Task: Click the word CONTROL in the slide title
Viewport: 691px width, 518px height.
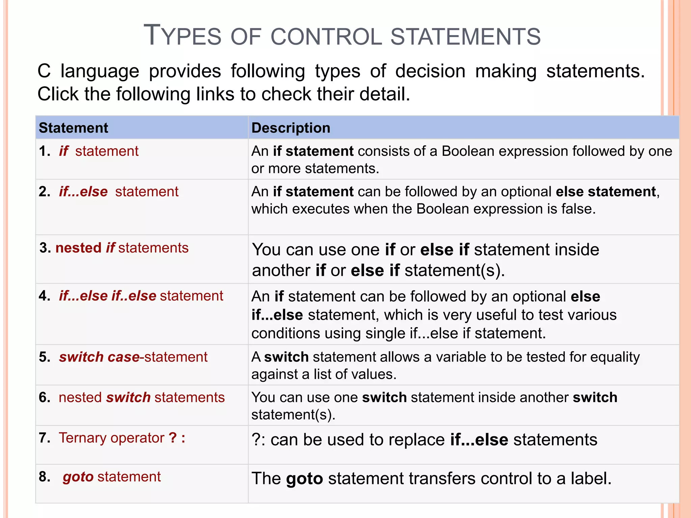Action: pyautogui.click(x=327, y=36)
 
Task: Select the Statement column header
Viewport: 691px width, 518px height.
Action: pyautogui.click(x=73, y=128)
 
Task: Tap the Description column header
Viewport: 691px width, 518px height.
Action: pyautogui.click(x=291, y=128)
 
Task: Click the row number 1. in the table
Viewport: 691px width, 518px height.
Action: pyautogui.click(x=44, y=151)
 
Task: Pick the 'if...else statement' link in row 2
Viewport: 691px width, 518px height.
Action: pyautogui.click(x=118, y=192)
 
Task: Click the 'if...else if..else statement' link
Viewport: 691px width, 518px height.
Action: pyautogui.click(x=141, y=296)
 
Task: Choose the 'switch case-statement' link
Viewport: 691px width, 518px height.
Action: pyautogui.click(x=133, y=357)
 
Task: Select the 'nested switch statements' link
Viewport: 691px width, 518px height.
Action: pyautogui.click(x=141, y=397)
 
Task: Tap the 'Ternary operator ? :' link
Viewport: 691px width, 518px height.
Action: pyautogui.click(x=122, y=438)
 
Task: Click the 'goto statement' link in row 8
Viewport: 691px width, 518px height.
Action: pyautogui.click(x=111, y=477)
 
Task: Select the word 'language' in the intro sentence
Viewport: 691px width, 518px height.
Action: pyautogui.click(x=100, y=71)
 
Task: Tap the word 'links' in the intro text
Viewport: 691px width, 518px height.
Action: pyautogui.click(x=215, y=94)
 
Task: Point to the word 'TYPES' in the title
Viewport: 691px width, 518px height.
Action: pyautogui.click(x=182, y=36)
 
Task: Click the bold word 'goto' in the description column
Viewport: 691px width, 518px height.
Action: pyautogui.click(x=304, y=479)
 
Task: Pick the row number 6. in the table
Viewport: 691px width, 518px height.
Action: pyautogui.click(x=44, y=397)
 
